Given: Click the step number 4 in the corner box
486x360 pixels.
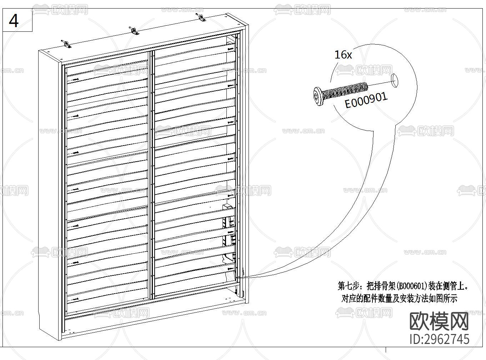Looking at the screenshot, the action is click(14, 21).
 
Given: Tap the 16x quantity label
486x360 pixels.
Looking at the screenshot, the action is click(343, 55).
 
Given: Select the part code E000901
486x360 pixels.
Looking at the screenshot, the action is click(366, 101).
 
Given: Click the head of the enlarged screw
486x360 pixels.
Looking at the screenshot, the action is click(318, 96).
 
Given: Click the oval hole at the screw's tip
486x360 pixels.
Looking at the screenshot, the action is click(395, 80).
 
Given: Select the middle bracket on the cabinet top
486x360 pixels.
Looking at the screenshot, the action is click(134, 31).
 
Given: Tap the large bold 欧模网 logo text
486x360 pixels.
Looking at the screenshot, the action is click(439, 322).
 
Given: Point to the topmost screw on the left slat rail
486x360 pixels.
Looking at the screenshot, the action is click(75, 80).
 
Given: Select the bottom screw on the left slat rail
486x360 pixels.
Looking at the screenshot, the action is click(75, 299).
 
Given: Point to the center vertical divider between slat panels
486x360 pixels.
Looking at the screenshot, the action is click(151, 175).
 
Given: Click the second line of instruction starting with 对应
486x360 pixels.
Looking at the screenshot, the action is click(399, 298).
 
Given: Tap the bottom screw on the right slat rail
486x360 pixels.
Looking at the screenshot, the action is click(231, 269).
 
